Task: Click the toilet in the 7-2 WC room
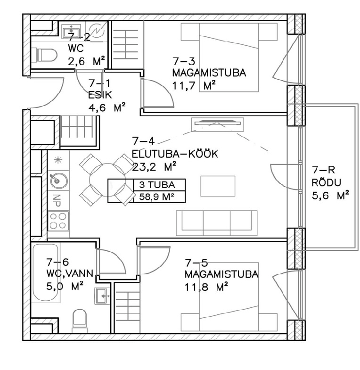[44, 55]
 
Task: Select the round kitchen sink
[58, 180]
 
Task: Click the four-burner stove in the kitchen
[58, 221]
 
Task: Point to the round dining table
[107, 180]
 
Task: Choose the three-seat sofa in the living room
[217, 223]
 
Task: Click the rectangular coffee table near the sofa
[218, 186]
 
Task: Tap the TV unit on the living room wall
[218, 124]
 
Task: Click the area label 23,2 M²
[154, 167]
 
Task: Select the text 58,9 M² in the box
[156, 197]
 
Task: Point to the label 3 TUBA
[157, 185]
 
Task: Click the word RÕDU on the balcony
[326, 182]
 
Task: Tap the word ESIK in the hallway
[100, 95]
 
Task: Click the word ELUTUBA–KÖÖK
[175, 154]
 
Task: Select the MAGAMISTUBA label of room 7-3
[209, 73]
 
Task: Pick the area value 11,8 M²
[206, 288]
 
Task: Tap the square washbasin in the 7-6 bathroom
[102, 296]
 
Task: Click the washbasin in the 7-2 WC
[71, 31]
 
